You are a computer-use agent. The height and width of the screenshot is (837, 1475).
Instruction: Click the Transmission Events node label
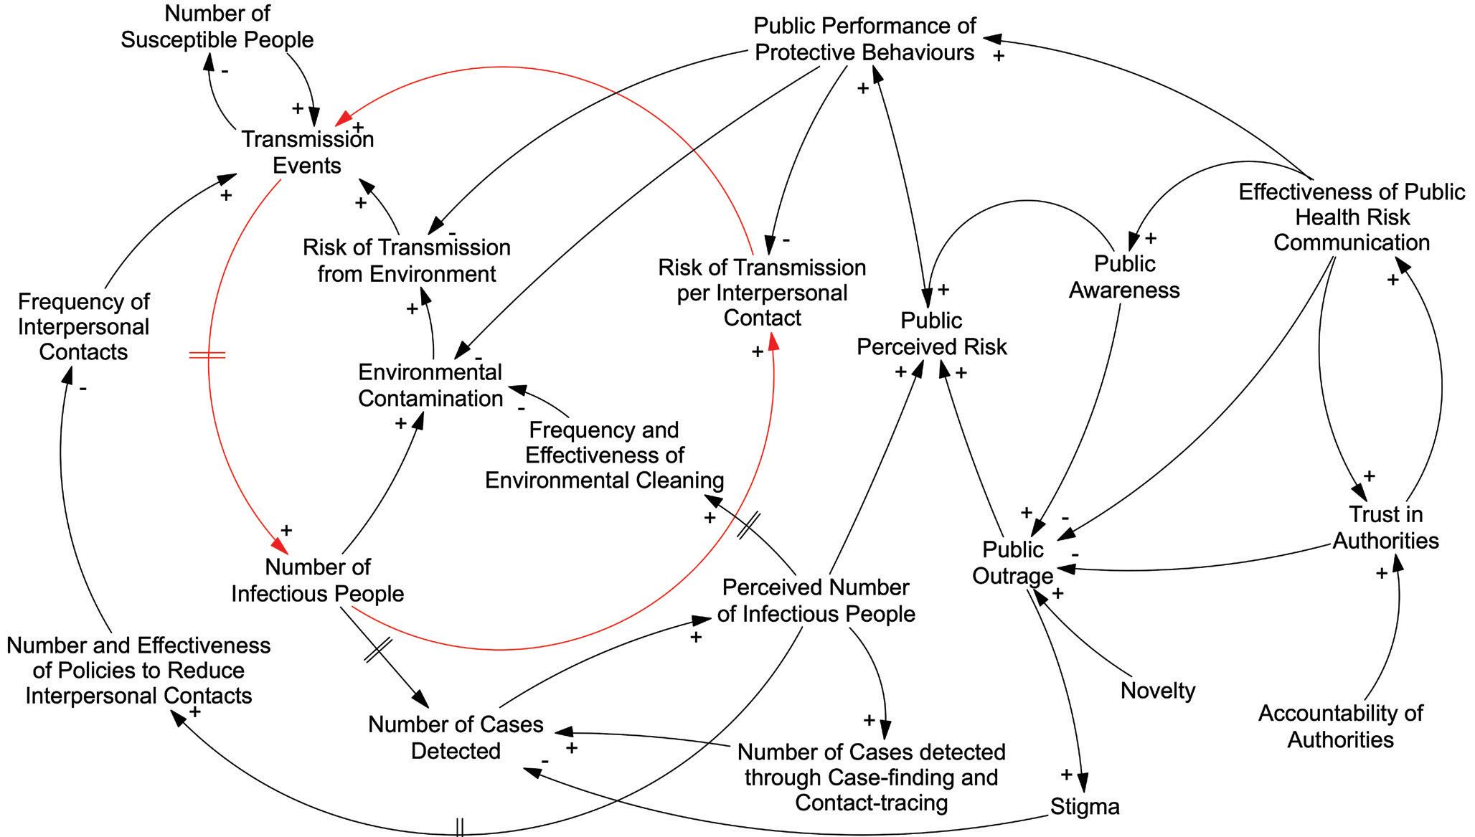[307, 152]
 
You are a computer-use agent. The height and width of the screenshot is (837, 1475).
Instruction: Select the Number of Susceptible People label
[217, 27]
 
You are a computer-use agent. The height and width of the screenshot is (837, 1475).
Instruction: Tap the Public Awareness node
[1124, 277]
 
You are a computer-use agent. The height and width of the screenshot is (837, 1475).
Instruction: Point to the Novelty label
[1158, 691]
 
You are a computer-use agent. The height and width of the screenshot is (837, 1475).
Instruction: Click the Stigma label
[1085, 807]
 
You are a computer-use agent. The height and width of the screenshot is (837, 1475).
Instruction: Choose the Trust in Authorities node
[1385, 527]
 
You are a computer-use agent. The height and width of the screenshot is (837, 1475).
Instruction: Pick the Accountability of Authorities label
[1340, 726]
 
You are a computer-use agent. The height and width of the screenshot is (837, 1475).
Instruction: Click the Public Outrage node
[1012, 563]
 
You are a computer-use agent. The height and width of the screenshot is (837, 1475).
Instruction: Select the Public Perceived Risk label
[931, 334]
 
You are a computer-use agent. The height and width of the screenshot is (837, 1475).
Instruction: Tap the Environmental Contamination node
[430, 385]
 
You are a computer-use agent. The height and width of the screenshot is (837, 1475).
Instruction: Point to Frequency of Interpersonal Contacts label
[83, 326]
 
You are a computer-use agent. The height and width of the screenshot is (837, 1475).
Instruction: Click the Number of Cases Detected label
[456, 737]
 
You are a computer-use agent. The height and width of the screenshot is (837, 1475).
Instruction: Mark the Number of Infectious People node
[317, 580]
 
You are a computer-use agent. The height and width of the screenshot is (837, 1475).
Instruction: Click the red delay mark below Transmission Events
[207, 354]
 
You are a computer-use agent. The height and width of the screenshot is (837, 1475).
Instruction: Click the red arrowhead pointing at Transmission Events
[344, 118]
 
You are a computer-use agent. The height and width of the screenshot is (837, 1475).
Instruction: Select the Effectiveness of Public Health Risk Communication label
[1352, 217]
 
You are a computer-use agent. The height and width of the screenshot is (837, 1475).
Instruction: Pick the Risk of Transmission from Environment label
[406, 260]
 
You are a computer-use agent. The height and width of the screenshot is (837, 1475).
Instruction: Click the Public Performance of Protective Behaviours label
[864, 39]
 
